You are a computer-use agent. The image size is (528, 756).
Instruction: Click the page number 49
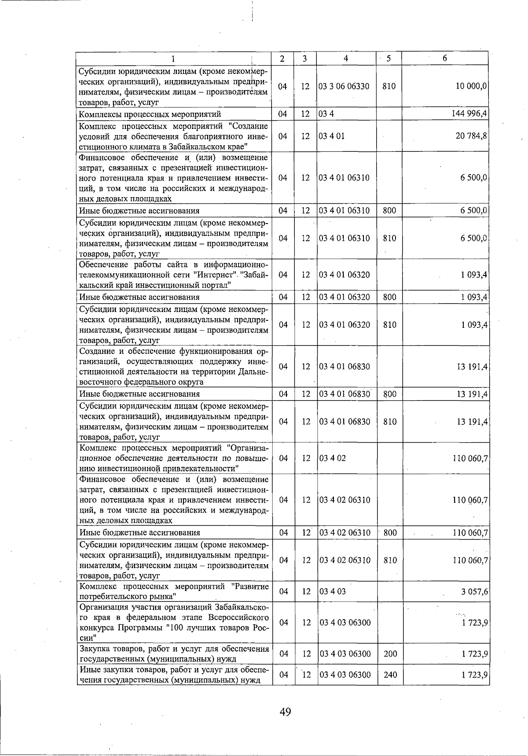tap(285, 712)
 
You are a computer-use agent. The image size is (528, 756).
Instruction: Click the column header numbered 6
tap(445, 59)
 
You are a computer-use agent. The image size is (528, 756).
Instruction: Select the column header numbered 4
tap(346, 59)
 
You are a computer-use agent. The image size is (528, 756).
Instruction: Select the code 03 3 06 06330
tap(344, 87)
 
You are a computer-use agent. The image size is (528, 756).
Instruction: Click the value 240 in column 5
tap(390, 675)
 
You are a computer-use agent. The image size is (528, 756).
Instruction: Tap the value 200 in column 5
tap(390, 654)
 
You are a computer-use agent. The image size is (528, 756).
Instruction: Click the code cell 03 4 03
tap(332, 591)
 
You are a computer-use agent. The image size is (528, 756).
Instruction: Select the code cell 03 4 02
tap(332, 458)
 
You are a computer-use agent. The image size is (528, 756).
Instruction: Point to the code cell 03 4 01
tap(332, 136)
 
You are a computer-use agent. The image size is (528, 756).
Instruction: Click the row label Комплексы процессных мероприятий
tap(150, 114)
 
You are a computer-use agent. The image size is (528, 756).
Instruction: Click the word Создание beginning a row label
tap(96, 351)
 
